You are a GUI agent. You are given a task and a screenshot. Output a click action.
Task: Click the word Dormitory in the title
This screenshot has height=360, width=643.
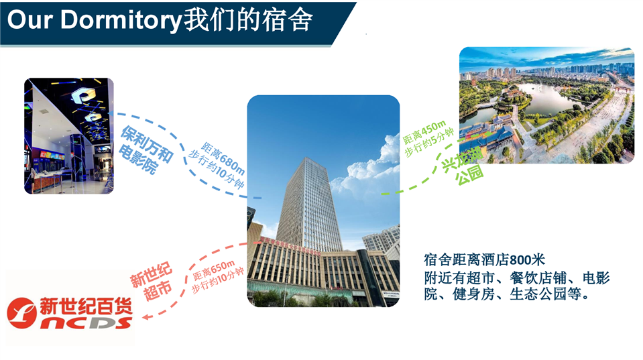pos(121,19)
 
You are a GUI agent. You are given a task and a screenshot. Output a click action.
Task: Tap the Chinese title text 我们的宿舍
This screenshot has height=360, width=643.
pos(247,19)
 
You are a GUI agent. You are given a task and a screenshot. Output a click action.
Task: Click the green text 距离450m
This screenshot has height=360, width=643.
pos(424,132)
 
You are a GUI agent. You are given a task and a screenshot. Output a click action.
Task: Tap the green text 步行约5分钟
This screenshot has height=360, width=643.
pos(429,142)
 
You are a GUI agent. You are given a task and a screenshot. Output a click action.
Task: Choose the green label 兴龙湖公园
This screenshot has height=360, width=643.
pos(463,164)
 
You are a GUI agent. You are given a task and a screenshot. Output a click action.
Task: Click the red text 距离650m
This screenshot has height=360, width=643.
pos(214,269)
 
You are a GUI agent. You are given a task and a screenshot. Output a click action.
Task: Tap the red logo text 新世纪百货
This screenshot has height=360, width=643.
pos(86,306)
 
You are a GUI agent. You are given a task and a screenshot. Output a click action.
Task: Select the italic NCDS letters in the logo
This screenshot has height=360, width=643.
pos(86,323)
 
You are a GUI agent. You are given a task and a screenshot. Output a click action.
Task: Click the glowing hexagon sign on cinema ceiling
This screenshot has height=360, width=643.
pos(83,97)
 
